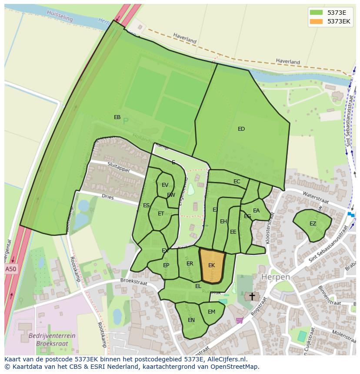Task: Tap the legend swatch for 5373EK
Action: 316,21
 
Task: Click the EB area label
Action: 117,117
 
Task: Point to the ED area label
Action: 241,129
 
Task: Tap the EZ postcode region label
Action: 313,224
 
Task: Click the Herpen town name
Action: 275,277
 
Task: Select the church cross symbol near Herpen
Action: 252,296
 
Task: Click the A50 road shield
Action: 11,269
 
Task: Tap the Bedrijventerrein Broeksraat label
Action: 52,339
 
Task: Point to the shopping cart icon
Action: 239,321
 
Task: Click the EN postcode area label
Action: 191,320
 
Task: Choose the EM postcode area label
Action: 211,312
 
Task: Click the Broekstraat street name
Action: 134,282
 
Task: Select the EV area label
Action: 165,185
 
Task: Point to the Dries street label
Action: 108,197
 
